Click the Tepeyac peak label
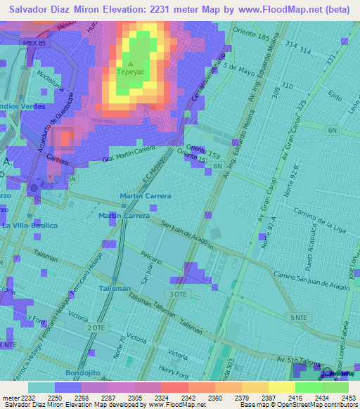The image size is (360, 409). coord(130,72)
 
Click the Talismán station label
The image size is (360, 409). coord(115,289)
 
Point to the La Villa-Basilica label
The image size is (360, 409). coord(29,226)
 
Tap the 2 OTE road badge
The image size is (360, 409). coord(96,328)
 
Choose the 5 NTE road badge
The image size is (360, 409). coord(298,318)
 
